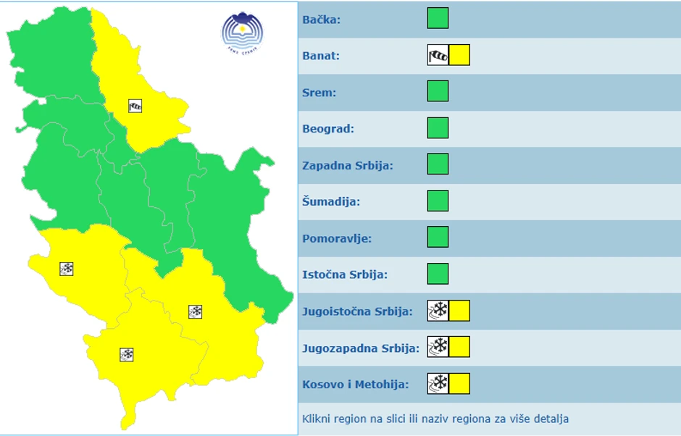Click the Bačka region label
[321, 20]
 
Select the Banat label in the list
[320, 56]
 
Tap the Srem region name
[319, 93]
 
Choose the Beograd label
[327, 129]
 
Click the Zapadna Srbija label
[347, 165]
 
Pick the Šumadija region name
[330, 202]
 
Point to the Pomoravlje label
[336, 238]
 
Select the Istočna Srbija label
[344, 274]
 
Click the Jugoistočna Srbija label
[357, 311]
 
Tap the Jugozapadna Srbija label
[360, 348]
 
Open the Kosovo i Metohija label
[355, 384]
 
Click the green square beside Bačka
[438, 18]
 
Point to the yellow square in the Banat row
[459, 55]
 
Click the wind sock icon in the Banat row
[438, 55]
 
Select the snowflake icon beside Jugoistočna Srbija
[438, 311]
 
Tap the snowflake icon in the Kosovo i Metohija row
[438, 383]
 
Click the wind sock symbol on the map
[135, 106]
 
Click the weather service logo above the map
[242, 33]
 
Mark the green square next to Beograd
[438, 128]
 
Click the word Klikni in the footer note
[317, 419]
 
